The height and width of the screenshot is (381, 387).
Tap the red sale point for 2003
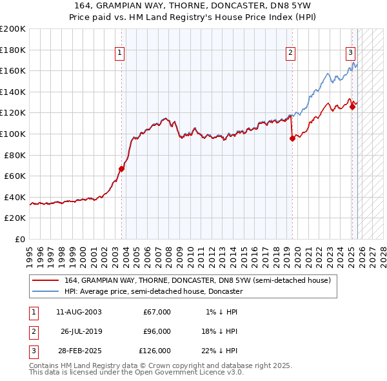(121, 169)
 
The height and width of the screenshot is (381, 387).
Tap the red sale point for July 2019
(292, 138)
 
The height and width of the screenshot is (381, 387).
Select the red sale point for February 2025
(353, 107)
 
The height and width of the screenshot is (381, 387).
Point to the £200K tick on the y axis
(13, 29)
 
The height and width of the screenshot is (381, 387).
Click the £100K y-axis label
(13, 134)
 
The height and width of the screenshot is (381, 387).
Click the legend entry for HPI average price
(153, 291)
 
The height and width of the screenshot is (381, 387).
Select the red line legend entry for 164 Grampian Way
(197, 280)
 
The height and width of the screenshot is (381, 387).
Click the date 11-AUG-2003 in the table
(79, 312)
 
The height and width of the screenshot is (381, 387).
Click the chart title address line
(193, 6)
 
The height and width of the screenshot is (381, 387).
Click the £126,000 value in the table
(155, 351)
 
